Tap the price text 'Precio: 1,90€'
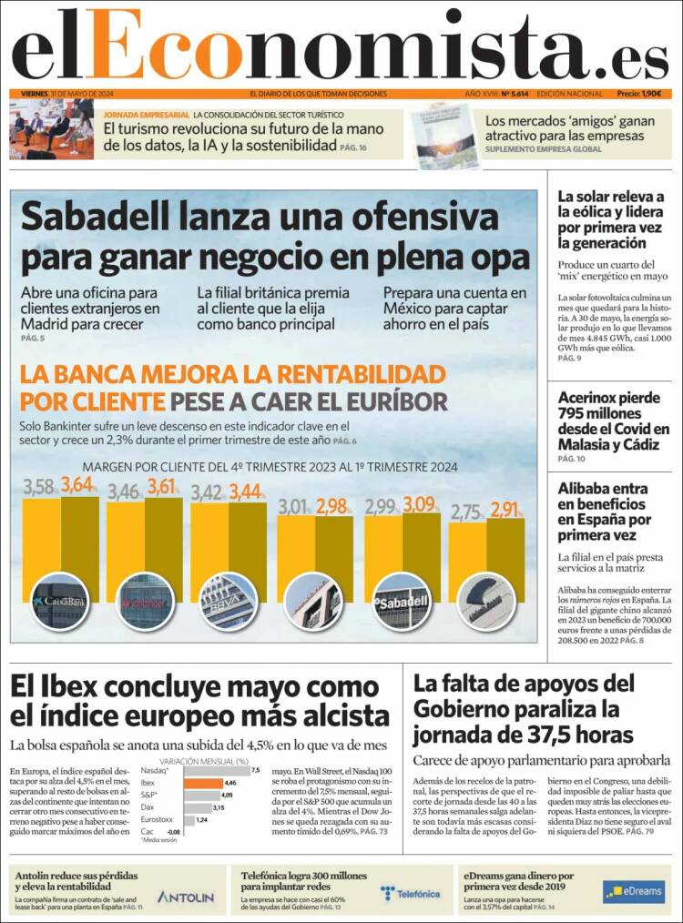point(638,94)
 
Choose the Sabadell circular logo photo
point(401,602)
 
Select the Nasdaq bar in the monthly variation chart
point(209,770)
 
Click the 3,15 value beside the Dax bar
point(219,807)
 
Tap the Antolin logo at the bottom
point(186,897)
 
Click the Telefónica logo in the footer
point(411,894)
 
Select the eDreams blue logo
point(633,891)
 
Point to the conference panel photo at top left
point(51,128)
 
